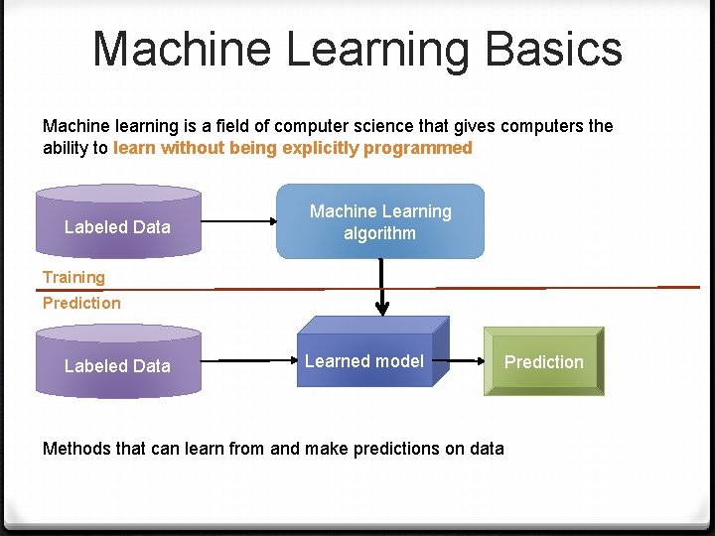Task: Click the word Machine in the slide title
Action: click(x=170, y=49)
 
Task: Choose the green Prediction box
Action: click(x=543, y=362)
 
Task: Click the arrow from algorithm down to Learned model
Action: click(x=380, y=286)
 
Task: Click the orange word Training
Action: click(x=73, y=277)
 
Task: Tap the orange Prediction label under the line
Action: click(x=81, y=303)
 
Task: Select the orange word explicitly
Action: click(x=324, y=148)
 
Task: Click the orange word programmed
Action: click(x=418, y=148)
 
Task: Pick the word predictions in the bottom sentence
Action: click(x=397, y=449)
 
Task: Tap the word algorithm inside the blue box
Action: click(x=379, y=233)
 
